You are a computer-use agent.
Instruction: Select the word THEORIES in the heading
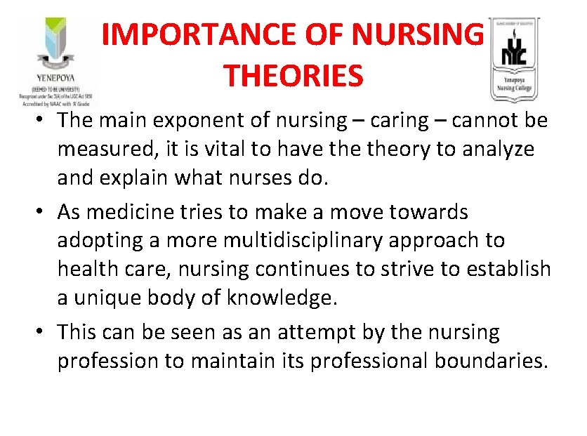pyautogui.click(x=293, y=74)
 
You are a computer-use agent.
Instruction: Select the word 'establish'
pyautogui.click(x=503, y=269)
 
